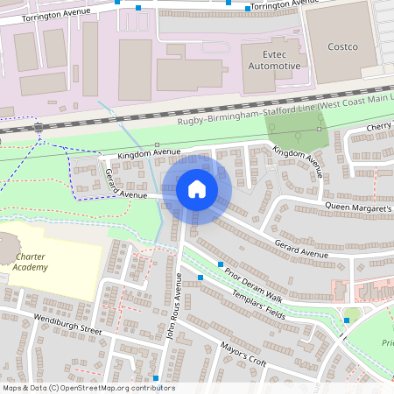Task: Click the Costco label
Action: coord(342,46)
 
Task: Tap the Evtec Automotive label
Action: coord(267,60)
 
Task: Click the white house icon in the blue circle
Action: coord(197,188)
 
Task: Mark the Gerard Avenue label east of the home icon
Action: coord(300,253)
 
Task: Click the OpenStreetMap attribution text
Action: coord(88,388)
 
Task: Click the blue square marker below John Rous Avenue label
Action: coord(156,377)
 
